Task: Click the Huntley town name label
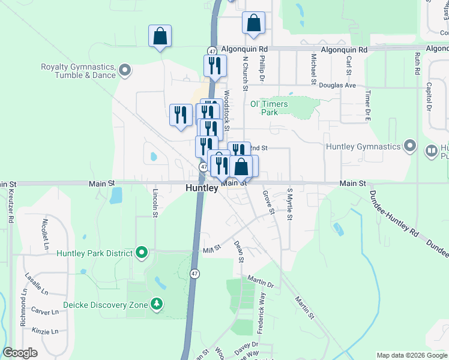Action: (201, 188)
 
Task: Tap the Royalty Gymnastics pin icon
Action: (125, 71)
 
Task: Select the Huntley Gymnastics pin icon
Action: (411, 146)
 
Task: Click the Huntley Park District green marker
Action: (142, 253)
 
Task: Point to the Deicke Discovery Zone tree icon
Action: (157, 305)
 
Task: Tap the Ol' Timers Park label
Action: (268, 108)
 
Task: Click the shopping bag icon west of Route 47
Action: (160, 36)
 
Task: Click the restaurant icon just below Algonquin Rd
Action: (215, 65)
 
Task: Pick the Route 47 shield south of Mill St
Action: (194, 273)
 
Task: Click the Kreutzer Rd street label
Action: (11, 205)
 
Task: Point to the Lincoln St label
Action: (155, 202)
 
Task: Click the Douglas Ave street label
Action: (338, 85)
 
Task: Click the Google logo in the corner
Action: (20, 353)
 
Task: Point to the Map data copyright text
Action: (411, 355)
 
